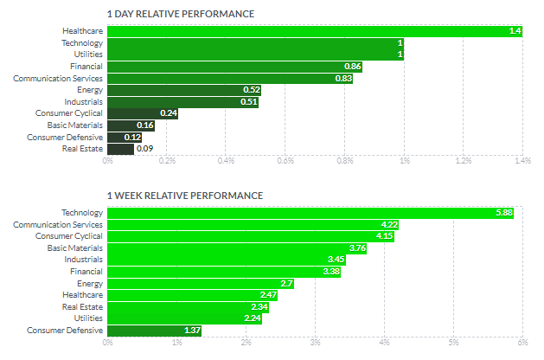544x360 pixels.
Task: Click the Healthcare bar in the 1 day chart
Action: pos(315,30)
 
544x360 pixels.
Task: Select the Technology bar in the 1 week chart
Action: pos(310,213)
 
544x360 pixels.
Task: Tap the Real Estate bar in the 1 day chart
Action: pos(120,149)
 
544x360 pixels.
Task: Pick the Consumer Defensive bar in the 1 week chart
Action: pos(154,330)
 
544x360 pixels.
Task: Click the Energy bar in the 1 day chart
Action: pos(183,90)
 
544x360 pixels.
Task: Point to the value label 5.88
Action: pos(503,213)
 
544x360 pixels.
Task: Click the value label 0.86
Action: pos(353,67)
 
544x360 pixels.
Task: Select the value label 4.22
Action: pos(389,224)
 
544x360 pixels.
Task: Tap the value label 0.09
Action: pos(144,149)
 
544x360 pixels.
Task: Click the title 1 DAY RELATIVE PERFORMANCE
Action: pos(181,15)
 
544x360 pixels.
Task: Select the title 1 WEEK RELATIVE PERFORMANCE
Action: pos(184,196)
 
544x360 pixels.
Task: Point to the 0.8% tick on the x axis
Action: pos(345,161)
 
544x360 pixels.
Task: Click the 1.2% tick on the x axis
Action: pos(463,161)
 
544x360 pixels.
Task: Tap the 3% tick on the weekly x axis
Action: pos(315,343)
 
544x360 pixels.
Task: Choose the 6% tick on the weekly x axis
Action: pos(522,343)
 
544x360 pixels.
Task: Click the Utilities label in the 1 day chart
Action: pos(86,55)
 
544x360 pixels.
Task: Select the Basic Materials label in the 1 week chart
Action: pos(74,247)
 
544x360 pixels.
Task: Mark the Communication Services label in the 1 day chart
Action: pos(58,78)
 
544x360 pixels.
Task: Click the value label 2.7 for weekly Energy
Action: pos(287,283)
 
